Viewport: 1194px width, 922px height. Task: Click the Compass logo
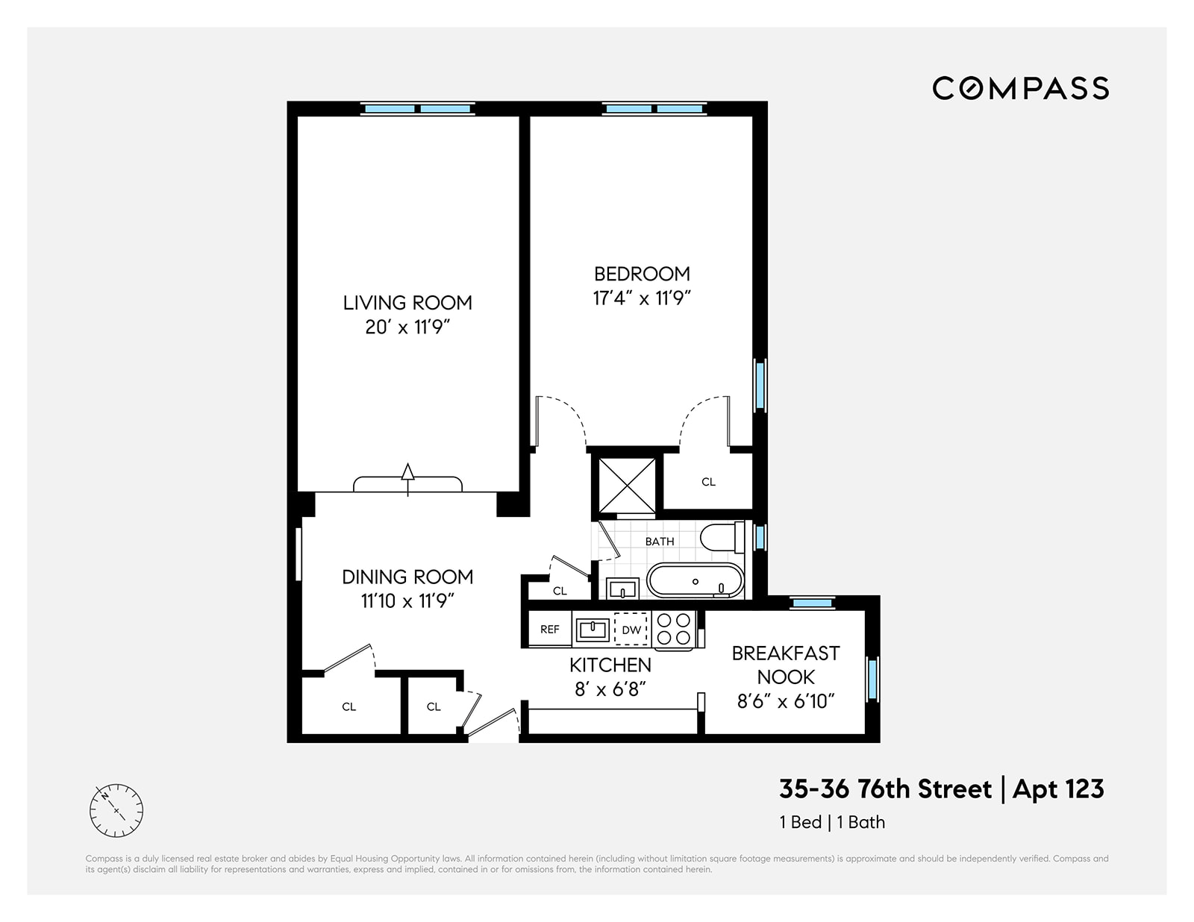tap(1019, 88)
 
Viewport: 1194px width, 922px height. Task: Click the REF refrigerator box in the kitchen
tap(550, 629)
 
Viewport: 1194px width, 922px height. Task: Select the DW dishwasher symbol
tap(631, 629)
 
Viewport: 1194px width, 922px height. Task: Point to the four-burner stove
tap(674, 628)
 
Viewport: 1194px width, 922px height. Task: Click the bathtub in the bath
tap(695, 581)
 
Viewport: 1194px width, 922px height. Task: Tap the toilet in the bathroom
tap(722, 537)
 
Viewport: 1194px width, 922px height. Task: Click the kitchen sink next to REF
tap(594, 628)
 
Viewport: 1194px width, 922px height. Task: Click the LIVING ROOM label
tap(407, 302)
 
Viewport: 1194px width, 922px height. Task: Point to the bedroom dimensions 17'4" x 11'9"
tap(642, 298)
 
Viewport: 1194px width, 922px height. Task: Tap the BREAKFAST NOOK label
tap(786, 665)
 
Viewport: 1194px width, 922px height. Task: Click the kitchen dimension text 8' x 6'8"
tap(610, 689)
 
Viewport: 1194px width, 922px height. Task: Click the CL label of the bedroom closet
tap(708, 482)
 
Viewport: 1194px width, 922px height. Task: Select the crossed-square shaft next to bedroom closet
tap(627, 485)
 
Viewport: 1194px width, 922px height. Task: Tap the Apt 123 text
tap(1058, 788)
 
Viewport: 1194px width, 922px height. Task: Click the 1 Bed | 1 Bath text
tap(832, 822)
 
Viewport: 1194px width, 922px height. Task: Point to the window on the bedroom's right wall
tap(760, 385)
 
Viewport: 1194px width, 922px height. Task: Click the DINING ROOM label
tap(407, 577)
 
